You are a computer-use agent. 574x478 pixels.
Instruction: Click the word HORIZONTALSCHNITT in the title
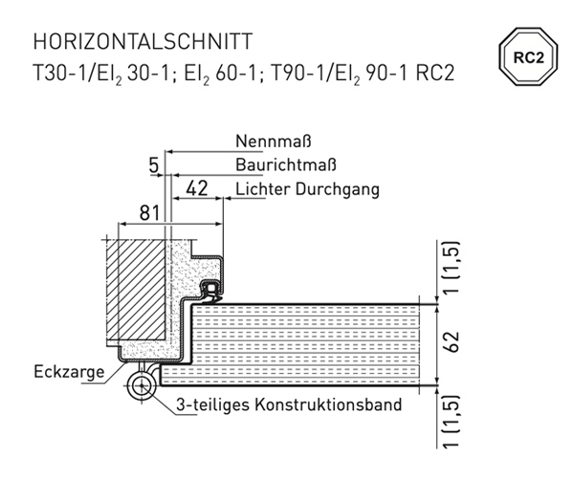(x=143, y=41)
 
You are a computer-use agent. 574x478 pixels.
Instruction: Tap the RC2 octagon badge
(x=528, y=56)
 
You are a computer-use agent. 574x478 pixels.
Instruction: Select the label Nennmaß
(x=273, y=141)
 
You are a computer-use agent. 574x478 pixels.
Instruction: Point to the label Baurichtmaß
(x=285, y=165)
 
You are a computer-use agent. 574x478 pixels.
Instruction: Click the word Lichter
(x=262, y=189)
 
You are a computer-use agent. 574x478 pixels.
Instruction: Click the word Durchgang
(x=337, y=190)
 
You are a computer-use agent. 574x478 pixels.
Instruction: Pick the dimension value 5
(x=154, y=165)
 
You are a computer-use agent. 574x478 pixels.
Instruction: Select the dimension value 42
(x=197, y=188)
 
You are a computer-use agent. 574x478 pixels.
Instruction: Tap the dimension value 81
(x=149, y=212)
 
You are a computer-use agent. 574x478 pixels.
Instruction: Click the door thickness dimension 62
(x=453, y=341)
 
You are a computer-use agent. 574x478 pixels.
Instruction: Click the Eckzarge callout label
(x=69, y=372)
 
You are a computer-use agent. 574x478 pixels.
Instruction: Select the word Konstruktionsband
(x=328, y=404)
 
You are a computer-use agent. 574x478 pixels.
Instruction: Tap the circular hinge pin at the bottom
(x=142, y=386)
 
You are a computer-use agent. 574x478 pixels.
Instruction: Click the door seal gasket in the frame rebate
(x=210, y=292)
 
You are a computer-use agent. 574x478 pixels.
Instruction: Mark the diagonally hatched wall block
(x=136, y=291)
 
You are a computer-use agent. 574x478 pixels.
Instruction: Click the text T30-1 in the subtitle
(x=59, y=74)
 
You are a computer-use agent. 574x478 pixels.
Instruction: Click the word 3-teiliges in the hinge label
(x=213, y=405)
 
